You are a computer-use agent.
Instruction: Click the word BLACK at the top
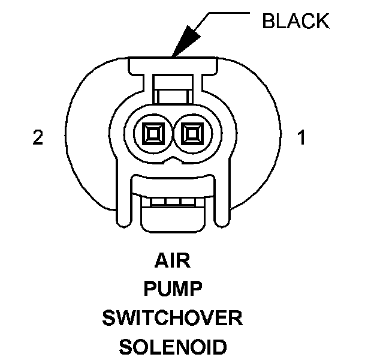(295, 21)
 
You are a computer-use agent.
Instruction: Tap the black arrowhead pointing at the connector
(182, 43)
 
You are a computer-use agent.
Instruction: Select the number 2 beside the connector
(38, 139)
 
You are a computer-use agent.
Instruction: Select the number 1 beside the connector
(301, 139)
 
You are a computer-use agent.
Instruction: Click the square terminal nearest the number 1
(192, 132)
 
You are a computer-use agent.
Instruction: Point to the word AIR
(173, 262)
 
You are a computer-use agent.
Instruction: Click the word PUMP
(173, 290)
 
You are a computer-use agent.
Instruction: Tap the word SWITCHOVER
(173, 318)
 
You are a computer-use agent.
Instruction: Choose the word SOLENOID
(173, 347)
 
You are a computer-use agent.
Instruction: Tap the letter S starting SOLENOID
(125, 347)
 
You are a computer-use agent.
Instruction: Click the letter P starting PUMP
(150, 290)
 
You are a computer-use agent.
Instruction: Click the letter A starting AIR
(161, 262)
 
